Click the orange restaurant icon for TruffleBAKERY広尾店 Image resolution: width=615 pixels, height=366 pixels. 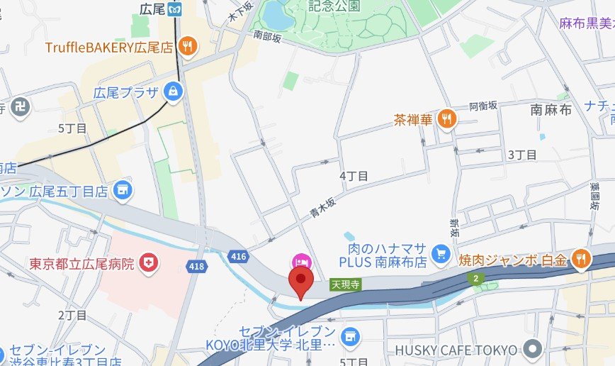(188, 47)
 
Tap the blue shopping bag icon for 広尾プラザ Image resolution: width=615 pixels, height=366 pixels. (173, 91)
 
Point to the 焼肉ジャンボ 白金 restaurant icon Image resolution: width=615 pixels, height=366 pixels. (580, 259)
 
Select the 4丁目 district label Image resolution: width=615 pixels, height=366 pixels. (354, 175)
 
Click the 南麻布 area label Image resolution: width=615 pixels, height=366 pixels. (551, 110)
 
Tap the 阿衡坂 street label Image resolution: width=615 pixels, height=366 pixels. (484, 106)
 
